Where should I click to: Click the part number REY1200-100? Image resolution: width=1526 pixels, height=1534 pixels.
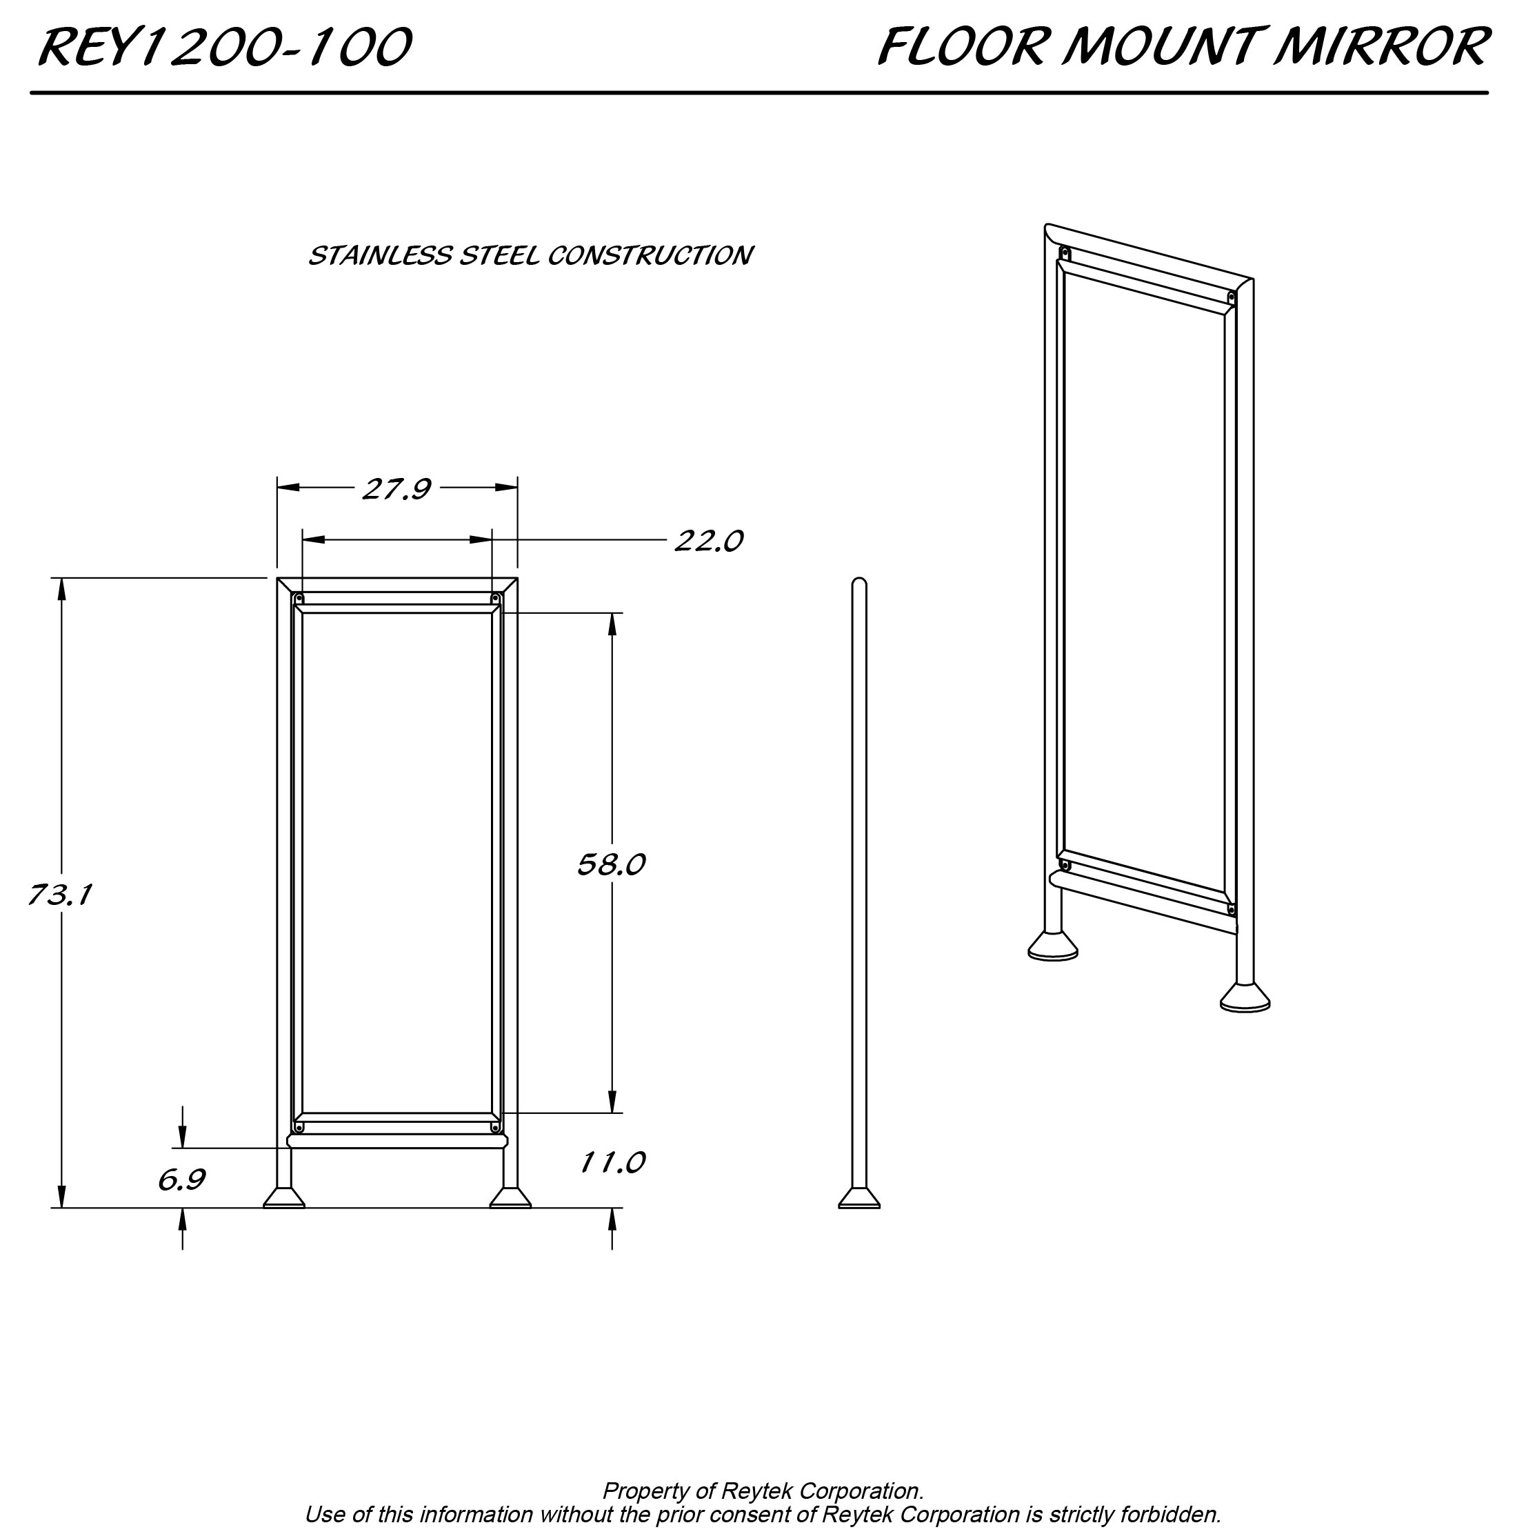[225, 48]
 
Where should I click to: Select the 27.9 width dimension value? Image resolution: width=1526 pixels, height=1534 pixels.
[397, 489]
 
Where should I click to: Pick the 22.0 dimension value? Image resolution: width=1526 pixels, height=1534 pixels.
[709, 541]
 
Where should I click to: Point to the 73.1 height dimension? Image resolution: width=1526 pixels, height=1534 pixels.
[61, 895]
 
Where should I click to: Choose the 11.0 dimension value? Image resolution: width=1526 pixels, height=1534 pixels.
[612, 1163]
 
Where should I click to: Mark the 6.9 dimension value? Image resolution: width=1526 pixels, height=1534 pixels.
[182, 1181]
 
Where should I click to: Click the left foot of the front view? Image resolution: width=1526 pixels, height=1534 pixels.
[284, 1198]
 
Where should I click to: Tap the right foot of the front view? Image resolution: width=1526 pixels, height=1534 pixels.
[510, 1198]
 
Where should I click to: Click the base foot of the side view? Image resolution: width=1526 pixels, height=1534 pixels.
[859, 1198]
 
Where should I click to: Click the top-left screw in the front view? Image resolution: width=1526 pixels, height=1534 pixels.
[299, 599]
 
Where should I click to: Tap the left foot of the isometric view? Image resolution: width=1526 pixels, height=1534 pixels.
[1053, 945]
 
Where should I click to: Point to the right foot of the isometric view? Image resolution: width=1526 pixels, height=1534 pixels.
[1245, 997]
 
